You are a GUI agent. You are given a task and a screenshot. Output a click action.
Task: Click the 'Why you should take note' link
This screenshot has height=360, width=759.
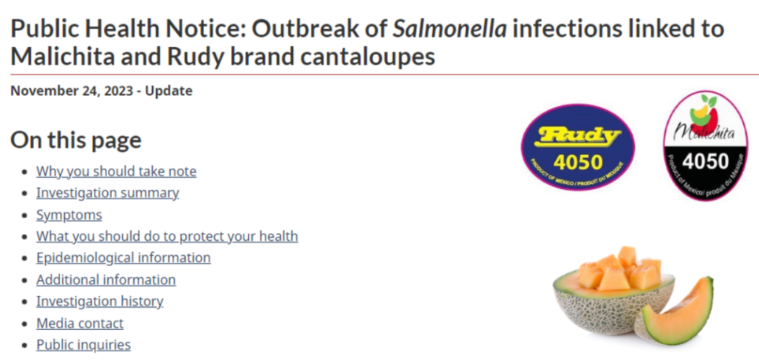(116, 172)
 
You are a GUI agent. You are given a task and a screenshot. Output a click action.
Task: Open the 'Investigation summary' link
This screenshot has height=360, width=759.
(108, 193)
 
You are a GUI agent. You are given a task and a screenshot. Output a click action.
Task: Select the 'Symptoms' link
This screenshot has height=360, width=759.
(69, 214)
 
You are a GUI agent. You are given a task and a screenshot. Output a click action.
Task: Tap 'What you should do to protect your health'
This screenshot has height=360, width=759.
(167, 236)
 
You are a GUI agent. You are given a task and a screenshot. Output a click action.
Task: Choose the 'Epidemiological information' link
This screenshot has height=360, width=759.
(124, 258)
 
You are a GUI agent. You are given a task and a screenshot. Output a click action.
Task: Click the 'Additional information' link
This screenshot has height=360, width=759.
(106, 280)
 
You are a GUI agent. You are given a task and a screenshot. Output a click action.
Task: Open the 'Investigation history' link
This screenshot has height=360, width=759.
(100, 302)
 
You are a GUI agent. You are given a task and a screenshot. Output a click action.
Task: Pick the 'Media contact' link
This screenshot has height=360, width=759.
(80, 323)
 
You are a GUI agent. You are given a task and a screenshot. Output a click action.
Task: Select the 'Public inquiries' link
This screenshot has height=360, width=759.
(83, 345)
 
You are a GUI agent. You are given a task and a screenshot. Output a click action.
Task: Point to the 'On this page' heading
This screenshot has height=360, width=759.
(76, 140)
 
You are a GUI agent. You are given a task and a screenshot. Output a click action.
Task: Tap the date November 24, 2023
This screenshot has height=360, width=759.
(72, 91)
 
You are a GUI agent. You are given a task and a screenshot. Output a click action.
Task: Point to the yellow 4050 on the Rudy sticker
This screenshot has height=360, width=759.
(578, 163)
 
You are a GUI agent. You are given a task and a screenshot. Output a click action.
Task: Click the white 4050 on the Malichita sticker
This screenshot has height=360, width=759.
(705, 161)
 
